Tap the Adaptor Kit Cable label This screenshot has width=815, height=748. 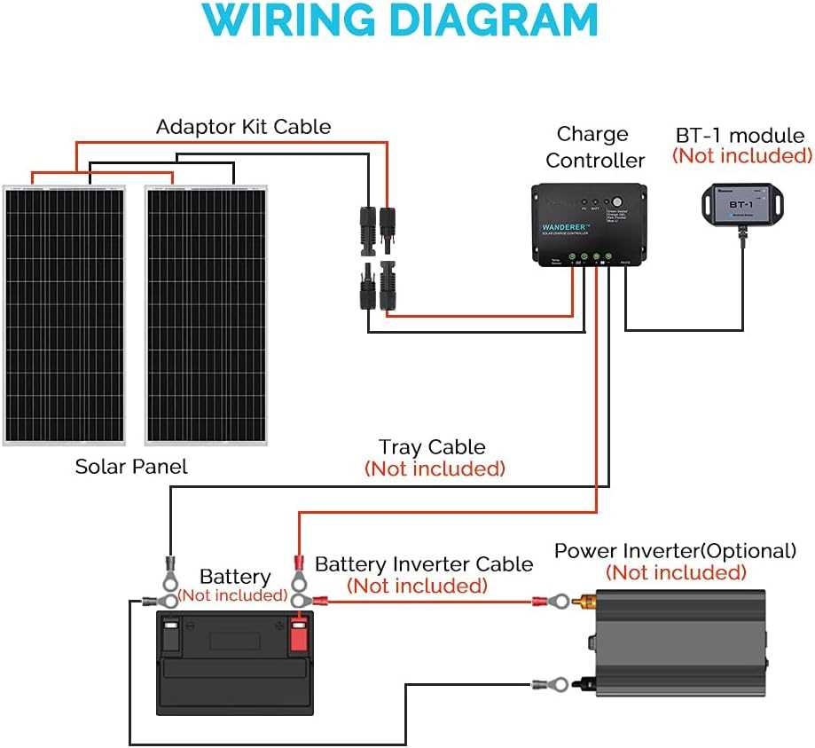point(243,127)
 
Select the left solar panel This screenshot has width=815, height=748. point(63,315)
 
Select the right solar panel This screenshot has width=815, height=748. point(206,315)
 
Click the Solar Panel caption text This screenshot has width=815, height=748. point(131,467)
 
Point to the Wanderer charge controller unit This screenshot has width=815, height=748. point(589,224)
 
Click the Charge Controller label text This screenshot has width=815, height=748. point(594,147)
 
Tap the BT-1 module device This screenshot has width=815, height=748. point(740,204)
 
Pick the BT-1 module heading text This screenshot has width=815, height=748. point(740,136)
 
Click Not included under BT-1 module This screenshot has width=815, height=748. point(741,156)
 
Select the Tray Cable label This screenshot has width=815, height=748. point(432,447)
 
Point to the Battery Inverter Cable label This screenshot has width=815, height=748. point(424,564)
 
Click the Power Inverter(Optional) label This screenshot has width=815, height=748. point(675,551)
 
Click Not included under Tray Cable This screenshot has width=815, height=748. point(435,468)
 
